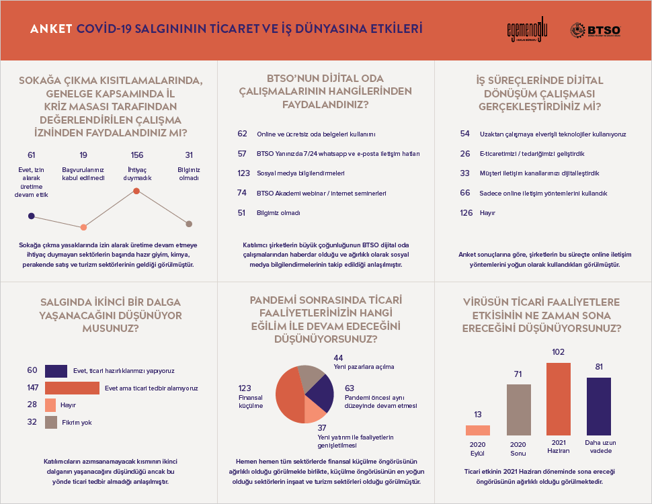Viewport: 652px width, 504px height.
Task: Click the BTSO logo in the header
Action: [x=595, y=30]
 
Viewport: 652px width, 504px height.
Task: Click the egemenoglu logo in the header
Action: [x=527, y=30]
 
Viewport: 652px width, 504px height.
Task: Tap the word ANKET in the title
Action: [x=51, y=29]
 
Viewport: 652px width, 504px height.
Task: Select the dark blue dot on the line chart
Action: [x=31, y=216]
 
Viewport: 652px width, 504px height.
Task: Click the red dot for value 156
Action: [x=136, y=191]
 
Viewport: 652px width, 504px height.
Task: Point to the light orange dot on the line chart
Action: [x=83, y=227]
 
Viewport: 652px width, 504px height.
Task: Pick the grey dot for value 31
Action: [x=189, y=224]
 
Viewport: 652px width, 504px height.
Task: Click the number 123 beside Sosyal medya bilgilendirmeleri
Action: [x=244, y=173]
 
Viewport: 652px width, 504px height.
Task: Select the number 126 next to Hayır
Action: [x=466, y=212]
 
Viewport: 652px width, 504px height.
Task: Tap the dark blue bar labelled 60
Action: [x=56, y=371]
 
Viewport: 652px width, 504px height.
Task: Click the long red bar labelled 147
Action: [x=73, y=388]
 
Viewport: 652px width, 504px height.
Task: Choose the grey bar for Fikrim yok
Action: [x=51, y=422]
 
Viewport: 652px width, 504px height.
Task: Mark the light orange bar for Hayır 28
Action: [x=50, y=405]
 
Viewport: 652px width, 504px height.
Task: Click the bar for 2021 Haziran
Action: [x=559, y=399]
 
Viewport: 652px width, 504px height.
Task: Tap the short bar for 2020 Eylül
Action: [x=478, y=430]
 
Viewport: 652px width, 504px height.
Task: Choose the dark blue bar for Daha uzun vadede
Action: [x=599, y=407]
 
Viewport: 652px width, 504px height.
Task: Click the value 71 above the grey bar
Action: [x=518, y=374]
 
